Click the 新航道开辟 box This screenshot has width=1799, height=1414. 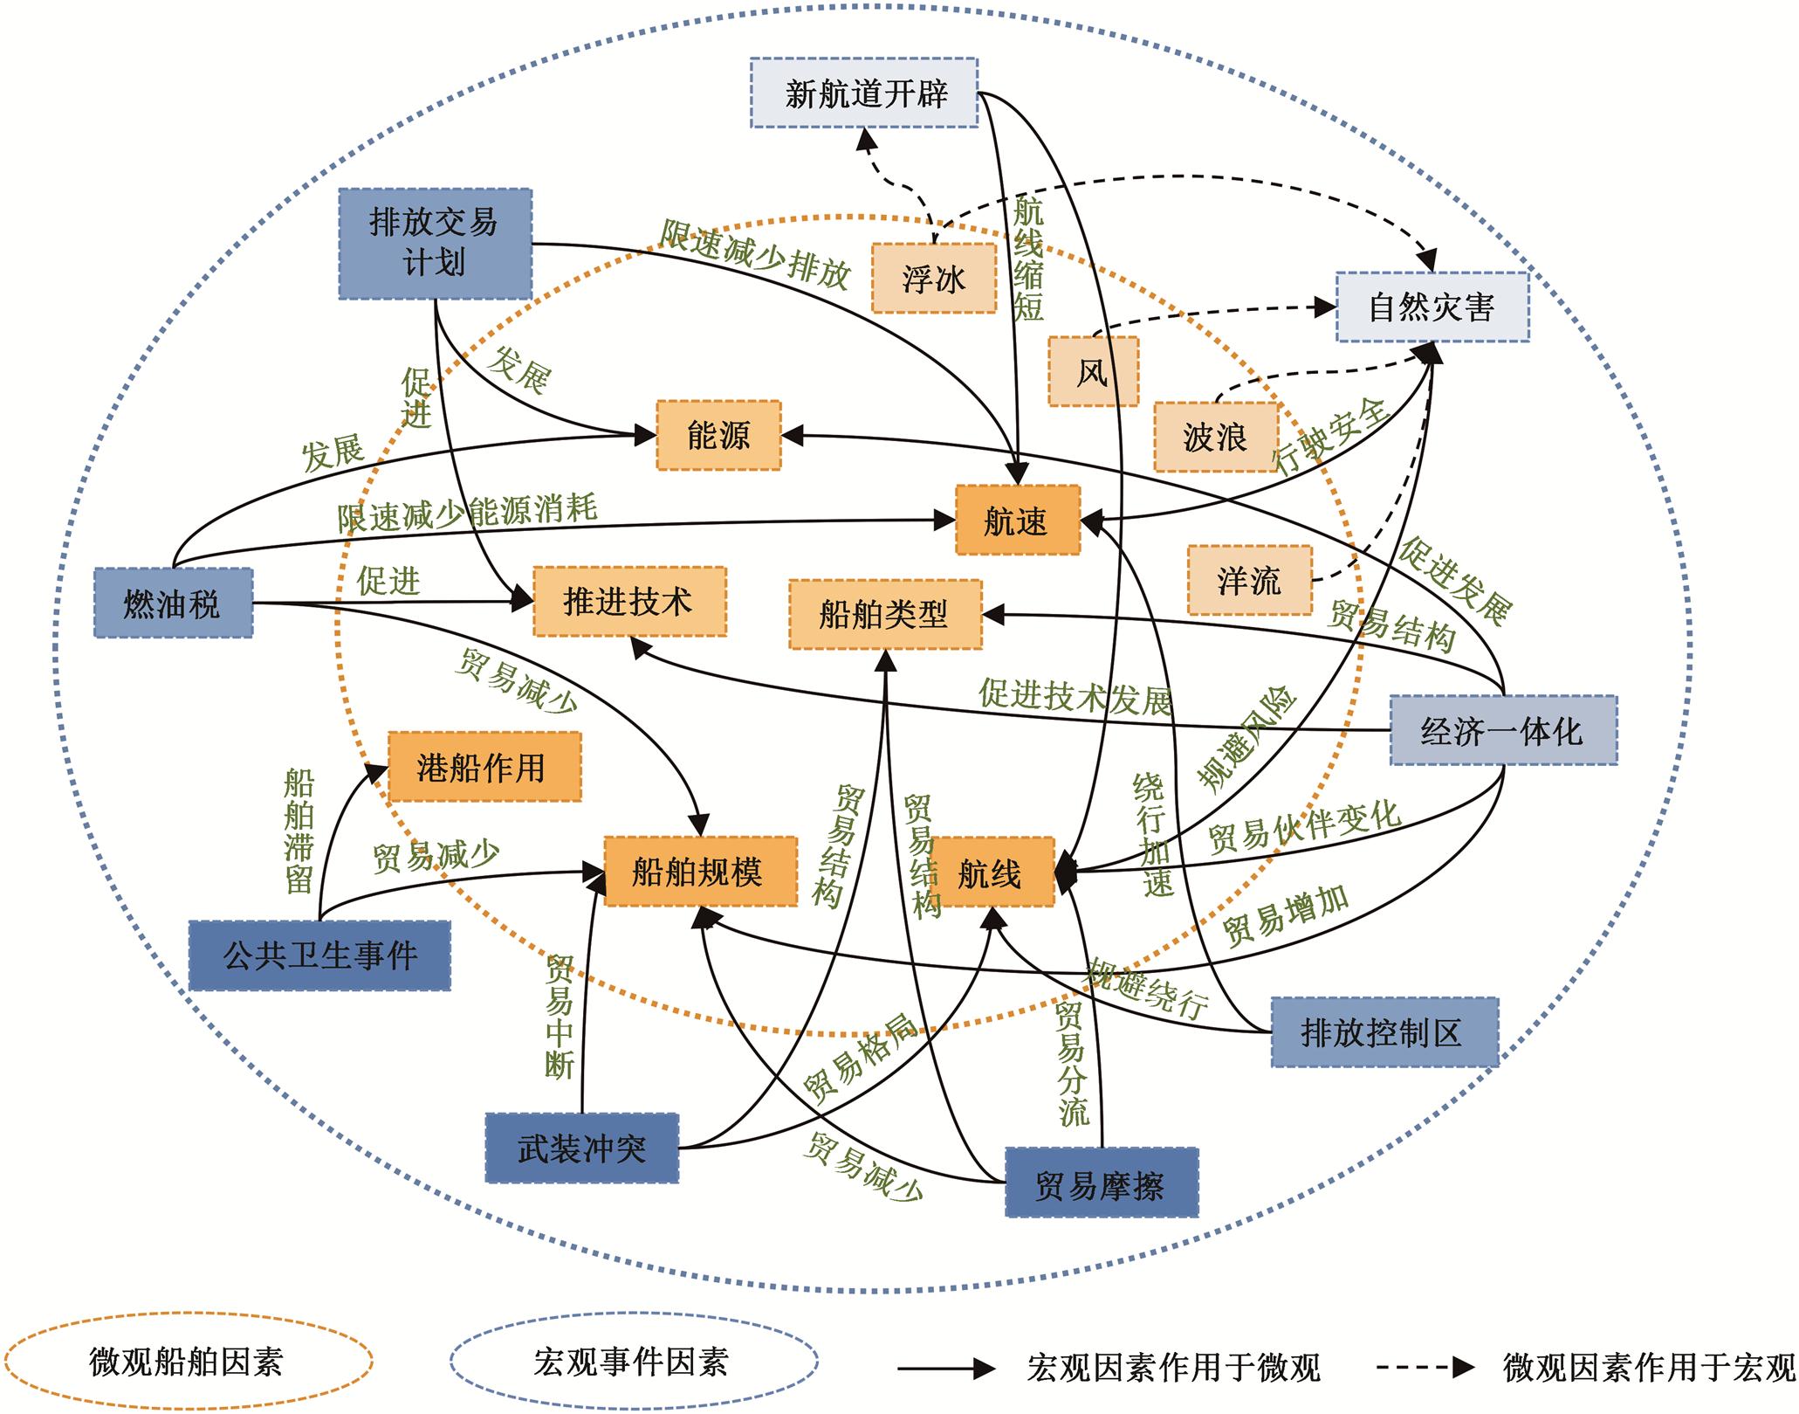click(x=864, y=93)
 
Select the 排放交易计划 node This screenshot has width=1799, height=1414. click(x=435, y=244)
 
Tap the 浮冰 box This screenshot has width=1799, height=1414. click(x=933, y=278)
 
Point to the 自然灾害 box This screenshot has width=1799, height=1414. click(x=1432, y=307)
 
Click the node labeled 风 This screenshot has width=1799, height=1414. click(x=1093, y=371)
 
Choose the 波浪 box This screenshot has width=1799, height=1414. click(x=1215, y=437)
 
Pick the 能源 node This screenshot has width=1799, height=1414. click(x=718, y=435)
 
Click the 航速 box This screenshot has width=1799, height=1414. click(x=1017, y=521)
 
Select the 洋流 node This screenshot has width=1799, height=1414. click(x=1249, y=580)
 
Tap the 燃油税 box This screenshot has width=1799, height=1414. click(x=173, y=603)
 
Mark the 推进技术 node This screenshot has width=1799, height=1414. click(x=629, y=601)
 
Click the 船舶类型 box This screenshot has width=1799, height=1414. click(x=884, y=614)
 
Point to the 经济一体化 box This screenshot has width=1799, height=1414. click(x=1502, y=730)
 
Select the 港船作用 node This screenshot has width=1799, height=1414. click(x=484, y=767)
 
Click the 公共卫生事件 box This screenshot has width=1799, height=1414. click(x=319, y=955)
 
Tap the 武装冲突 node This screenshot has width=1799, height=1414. click(x=581, y=1148)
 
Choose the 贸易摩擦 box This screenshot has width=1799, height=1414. click(x=1101, y=1183)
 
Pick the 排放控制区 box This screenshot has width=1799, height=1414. click(x=1384, y=1031)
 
